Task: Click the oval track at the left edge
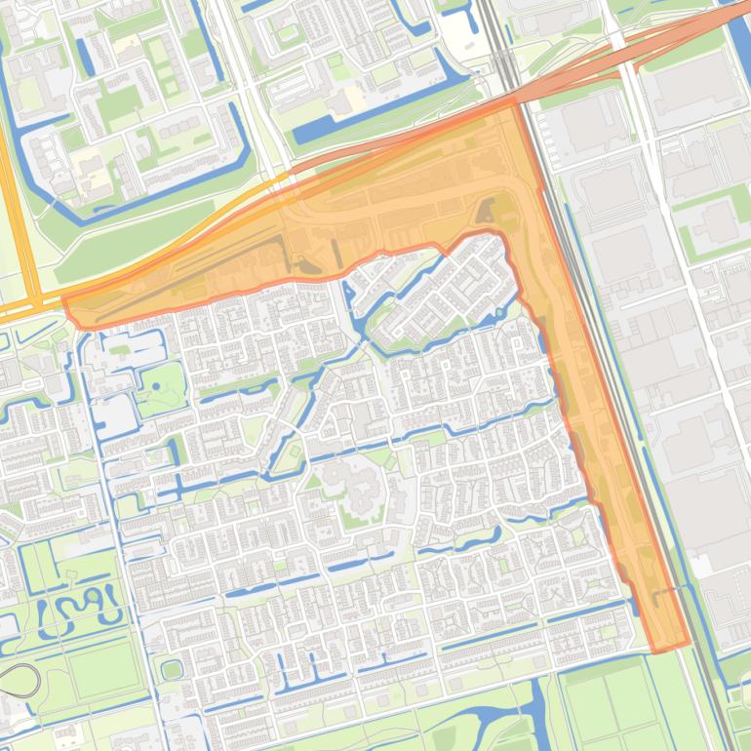click(x=20, y=679)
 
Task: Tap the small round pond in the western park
click(x=155, y=387)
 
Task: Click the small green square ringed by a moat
click(x=172, y=670)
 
